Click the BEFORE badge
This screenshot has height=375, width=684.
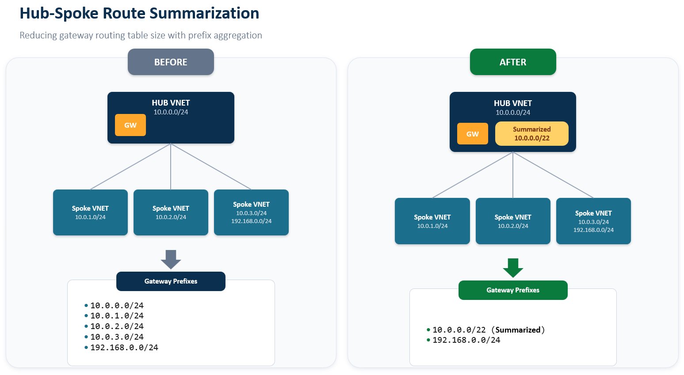click(171, 62)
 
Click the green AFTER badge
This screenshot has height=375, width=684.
click(513, 62)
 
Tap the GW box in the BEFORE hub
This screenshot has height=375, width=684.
click(130, 125)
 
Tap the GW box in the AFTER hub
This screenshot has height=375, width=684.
click(472, 134)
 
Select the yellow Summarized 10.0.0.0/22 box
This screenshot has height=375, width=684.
click(531, 134)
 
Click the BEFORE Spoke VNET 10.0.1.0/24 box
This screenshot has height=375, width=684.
click(90, 212)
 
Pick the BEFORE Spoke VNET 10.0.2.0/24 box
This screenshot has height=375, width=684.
click(171, 212)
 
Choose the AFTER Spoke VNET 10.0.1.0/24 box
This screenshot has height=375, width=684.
click(432, 221)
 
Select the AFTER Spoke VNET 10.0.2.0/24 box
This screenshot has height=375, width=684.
click(513, 221)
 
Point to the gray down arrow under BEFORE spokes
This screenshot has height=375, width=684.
click(171, 259)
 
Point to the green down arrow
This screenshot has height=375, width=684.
click(513, 268)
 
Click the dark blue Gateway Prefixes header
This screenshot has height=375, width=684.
click(171, 281)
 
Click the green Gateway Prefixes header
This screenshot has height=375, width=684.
click(513, 290)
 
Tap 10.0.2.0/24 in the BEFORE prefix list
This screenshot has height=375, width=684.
click(117, 326)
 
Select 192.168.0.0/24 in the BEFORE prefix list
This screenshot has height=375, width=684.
click(124, 348)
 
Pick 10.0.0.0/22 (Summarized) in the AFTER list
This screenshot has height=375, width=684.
click(489, 330)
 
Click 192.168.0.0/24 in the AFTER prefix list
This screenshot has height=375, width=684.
click(466, 340)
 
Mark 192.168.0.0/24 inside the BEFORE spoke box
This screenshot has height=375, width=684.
click(251, 221)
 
